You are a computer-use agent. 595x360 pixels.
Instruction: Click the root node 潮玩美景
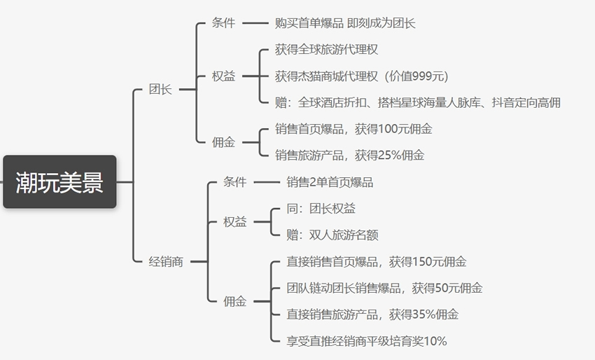pyautogui.click(x=59, y=181)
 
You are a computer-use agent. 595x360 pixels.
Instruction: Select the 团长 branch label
pyautogui.click(x=160, y=90)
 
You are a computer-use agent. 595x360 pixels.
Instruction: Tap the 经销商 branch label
pyautogui.click(x=166, y=262)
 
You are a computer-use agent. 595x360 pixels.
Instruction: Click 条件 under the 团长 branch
pyautogui.click(x=223, y=23)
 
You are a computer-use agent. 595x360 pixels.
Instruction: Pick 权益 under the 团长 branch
pyautogui.click(x=223, y=76)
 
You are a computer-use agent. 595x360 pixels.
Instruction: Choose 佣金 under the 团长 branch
pyautogui.click(x=223, y=142)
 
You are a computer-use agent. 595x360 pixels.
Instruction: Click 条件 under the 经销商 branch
pyautogui.click(x=235, y=182)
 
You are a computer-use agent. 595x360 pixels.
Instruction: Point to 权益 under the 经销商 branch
pyautogui.click(x=235, y=222)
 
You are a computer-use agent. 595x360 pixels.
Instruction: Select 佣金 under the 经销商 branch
pyautogui.click(x=235, y=302)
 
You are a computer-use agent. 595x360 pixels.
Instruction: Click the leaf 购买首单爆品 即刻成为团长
pyautogui.click(x=345, y=23)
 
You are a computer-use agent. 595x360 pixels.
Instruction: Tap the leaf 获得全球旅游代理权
pyautogui.click(x=327, y=50)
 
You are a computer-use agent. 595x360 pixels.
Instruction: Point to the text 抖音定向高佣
pyautogui.click(x=526, y=102)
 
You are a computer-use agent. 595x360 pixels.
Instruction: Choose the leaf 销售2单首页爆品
pyautogui.click(x=330, y=182)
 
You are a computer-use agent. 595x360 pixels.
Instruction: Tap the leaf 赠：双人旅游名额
pyautogui.click(x=332, y=235)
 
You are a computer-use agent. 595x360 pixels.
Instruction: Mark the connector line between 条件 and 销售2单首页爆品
pyautogui.click(x=267, y=182)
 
